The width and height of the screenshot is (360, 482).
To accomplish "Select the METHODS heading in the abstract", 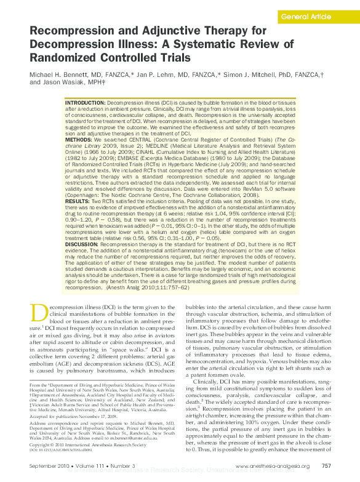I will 78,140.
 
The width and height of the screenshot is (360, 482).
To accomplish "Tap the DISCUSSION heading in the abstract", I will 81,243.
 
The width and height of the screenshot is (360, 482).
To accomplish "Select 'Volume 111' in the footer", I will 88,467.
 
